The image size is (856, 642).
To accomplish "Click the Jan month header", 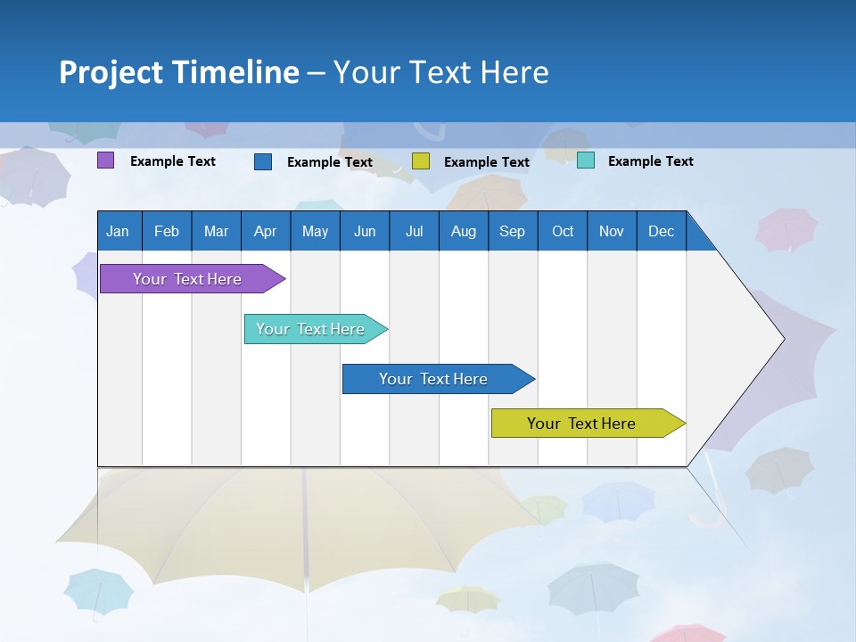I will tap(119, 231).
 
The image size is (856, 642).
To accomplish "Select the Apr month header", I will tap(265, 231).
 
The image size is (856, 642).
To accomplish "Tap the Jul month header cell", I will tap(414, 231).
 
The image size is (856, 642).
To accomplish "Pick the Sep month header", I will tap(512, 231).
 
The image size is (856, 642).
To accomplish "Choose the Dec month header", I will tap(661, 231).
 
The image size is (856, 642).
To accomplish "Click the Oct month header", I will tap(563, 231).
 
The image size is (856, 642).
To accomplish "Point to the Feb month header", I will tap(167, 231).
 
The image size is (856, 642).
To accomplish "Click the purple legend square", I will tap(105, 160).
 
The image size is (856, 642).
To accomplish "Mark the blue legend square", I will tap(263, 161).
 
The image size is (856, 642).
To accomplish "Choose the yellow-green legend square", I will tap(421, 161).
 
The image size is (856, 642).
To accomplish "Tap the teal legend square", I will tap(586, 160).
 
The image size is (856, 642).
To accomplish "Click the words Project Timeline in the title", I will tap(179, 72).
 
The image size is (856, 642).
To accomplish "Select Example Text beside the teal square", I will tap(650, 161).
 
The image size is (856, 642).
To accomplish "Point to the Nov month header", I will tap(612, 231).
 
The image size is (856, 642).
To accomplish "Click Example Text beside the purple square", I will tap(173, 161).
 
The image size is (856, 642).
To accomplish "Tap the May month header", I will tap(315, 231).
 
